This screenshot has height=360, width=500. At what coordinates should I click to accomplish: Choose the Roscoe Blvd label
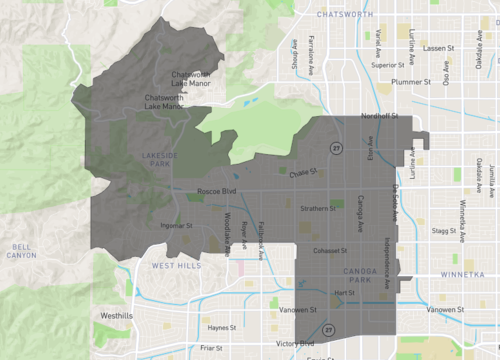click(215, 190)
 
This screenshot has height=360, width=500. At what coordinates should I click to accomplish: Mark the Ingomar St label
click(176, 225)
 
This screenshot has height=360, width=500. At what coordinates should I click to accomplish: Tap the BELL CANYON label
click(22, 250)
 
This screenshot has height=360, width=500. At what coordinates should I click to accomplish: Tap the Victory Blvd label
click(295, 343)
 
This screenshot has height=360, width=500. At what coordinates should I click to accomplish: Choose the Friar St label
click(211, 348)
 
